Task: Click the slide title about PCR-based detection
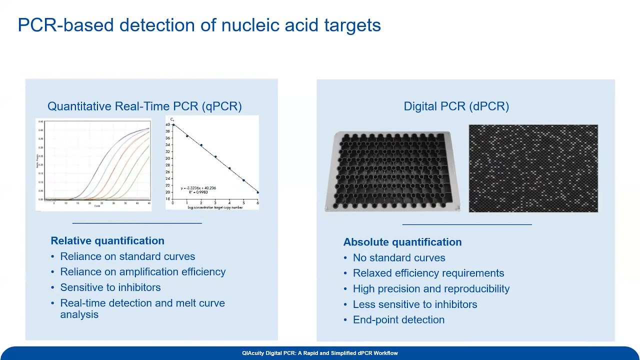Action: tap(199, 25)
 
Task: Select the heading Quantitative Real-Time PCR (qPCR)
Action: tap(144, 106)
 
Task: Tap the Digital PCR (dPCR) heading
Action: tap(456, 106)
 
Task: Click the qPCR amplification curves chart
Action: tap(93, 164)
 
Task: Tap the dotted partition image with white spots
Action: tap(533, 168)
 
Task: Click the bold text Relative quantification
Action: tap(107, 240)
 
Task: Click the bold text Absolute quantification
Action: tap(402, 242)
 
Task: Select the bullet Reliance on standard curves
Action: tap(127, 256)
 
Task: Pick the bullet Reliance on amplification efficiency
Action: tap(142, 272)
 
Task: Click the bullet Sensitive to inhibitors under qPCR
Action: tap(110, 287)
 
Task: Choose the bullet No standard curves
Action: tap(398, 258)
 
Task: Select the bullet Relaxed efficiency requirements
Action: tap(428, 273)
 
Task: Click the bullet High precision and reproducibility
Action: tap(431, 289)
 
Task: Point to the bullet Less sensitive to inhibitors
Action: tap(414, 304)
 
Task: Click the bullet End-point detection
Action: tap(398, 320)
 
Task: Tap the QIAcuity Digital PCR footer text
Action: tap(320, 353)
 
